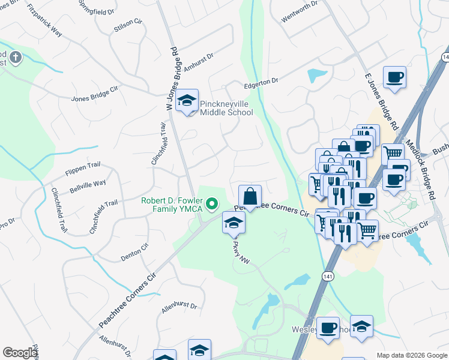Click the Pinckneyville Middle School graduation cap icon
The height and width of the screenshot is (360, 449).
[188, 101]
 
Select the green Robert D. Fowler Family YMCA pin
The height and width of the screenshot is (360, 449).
[211, 205]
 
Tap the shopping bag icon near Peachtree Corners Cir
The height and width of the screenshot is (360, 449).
[250, 196]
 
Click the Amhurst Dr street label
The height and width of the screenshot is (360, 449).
[199, 62]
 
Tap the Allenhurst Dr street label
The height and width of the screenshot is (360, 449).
[178, 307]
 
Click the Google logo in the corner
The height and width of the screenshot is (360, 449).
[20, 353]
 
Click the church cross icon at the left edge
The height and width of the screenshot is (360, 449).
[15, 58]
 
